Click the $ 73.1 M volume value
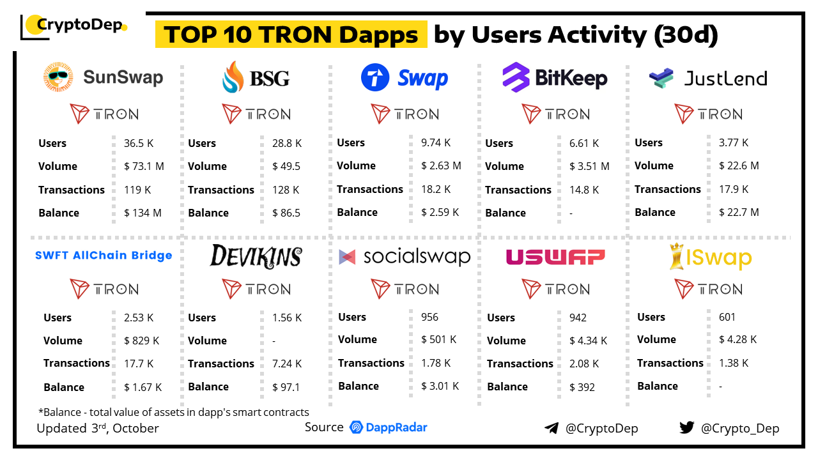pyautogui.click(x=144, y=166)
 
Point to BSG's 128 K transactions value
pyautogui.click(x=286, y=190)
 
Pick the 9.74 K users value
pyautogui.click(x=436, y=143)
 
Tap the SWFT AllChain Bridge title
pyautogui.click(x=104, y=256)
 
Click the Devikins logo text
pyautogui.click(x=256, y=256)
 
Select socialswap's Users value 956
pyautogui.click(x=429, y=317)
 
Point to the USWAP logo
pyautogui.click(x=555, y=257)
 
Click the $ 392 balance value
pyautogui.click(x=582, y=387)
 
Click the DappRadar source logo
pyautogui.click(x=389, y=427)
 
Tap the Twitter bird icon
pyautogui.click(x=687, y=427)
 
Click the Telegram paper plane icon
pyautogui.click(x=551, y=428)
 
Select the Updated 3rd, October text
pyautogui.click(x=98, y=428)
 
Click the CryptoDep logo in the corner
pyautogui.click(x=73, y=26)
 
